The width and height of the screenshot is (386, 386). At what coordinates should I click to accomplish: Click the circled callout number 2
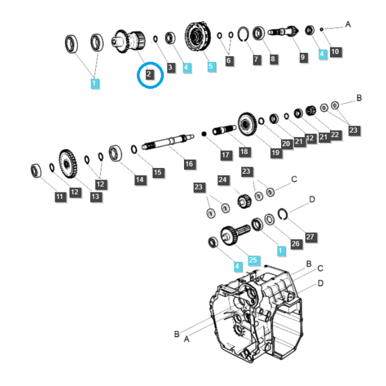pyautogui.click(x=149, y=74)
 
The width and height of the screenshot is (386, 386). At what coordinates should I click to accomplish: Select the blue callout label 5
pyautogui.click(x=211, y=66)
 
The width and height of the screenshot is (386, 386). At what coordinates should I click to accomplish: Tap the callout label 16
pyautogui.click(x=189, y=164)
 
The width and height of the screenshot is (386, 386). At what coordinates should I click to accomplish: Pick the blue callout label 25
pyautogui.click(x=253, y=260)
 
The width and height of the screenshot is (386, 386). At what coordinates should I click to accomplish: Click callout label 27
pyautogui.click(x=310, y=237)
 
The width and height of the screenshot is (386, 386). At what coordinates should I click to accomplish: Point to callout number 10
pyautogui.click(x=335, y=51)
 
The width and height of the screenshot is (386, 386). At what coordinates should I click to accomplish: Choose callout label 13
pyautogui.click(x=95, y=196)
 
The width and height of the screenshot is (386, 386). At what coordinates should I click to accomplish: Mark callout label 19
pyautogui.click(x=275, y=152)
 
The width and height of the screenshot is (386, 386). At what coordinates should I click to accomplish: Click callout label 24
pyautogui.click(x=223, y=179)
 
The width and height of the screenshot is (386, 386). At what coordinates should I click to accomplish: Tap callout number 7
pyautogui.click(x=256, y=59)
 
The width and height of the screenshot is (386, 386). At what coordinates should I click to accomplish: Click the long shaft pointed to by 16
pyautogui.click(x=168, y=142)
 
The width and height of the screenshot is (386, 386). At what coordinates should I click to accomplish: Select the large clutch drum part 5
pyautogui.click(x=198, y=37)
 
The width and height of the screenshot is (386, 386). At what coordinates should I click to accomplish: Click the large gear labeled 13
pyautogui.click(x=68, y=163)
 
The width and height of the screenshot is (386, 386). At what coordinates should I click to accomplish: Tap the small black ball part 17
pyautogui.click(x=204, y=134)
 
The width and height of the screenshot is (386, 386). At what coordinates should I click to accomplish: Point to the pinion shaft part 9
pyautogui.click(x=283, y=32)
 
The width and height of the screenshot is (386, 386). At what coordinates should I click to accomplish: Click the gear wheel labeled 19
pyautogui.click(x=248, y=124)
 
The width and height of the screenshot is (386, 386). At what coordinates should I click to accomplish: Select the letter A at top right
pyautogui.click(x=348, y=24)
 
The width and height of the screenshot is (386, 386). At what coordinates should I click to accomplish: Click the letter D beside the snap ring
pyautogui.click(x=312, y=199)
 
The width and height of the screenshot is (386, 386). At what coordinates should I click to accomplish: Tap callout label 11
pyautogui.click(x=60, y=196)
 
